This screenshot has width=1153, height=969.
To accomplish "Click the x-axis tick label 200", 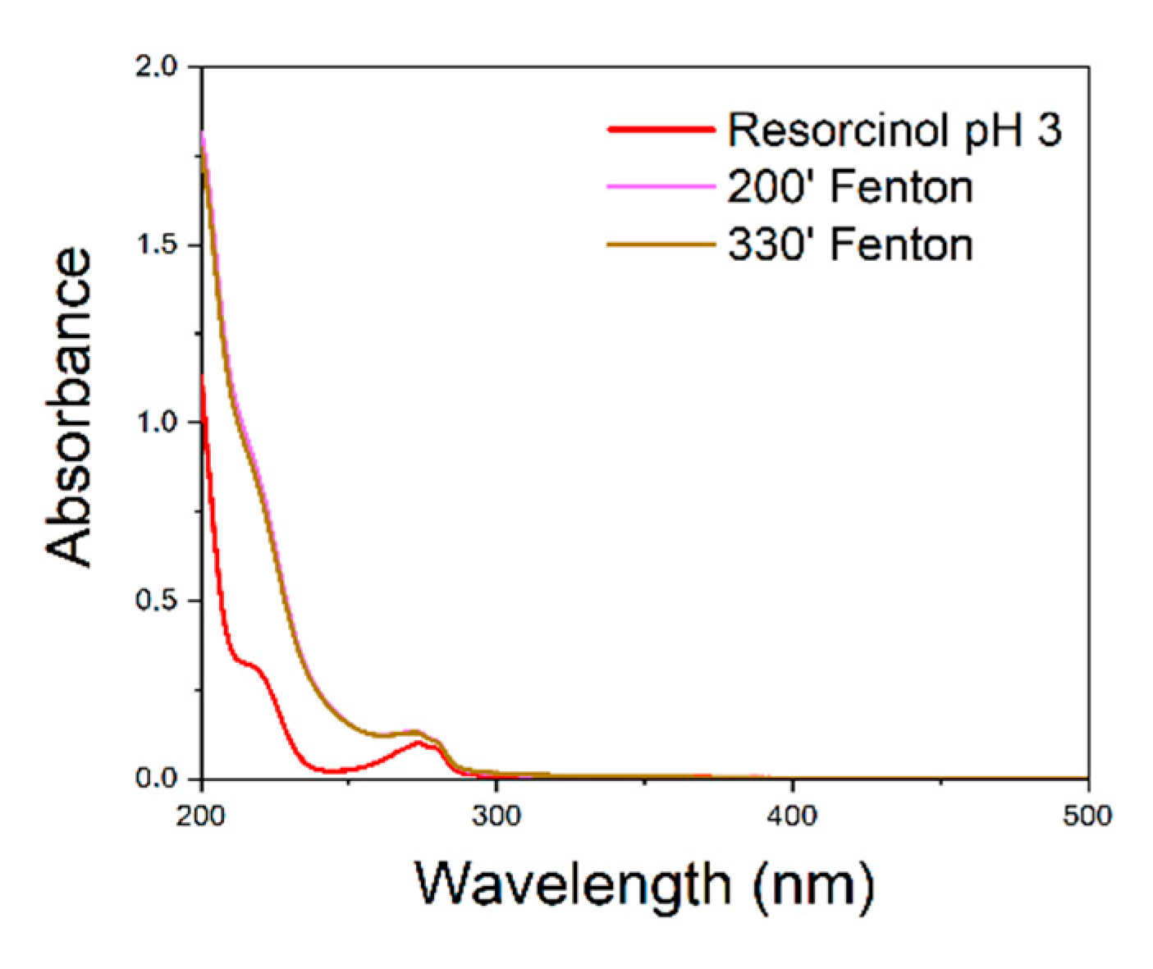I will pos(201,816).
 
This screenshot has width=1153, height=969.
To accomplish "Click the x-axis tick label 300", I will pos(496,816).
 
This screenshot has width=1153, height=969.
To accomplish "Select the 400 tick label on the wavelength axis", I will pos(793,816).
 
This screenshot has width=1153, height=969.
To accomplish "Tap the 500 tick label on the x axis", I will pos(1087,816).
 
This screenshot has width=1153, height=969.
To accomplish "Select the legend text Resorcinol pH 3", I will pos(894,130).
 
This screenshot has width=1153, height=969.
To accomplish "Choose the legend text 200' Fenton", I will pos(849,187).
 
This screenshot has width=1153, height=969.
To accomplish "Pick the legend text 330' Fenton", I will pos(849,245).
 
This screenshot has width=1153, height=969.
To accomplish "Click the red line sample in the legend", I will pos(661,130).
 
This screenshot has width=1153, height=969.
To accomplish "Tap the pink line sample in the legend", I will pos(661,187).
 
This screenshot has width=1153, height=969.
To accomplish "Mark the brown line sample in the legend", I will pos(661,245).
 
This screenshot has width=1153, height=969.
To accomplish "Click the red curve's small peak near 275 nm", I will pos(419,743).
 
